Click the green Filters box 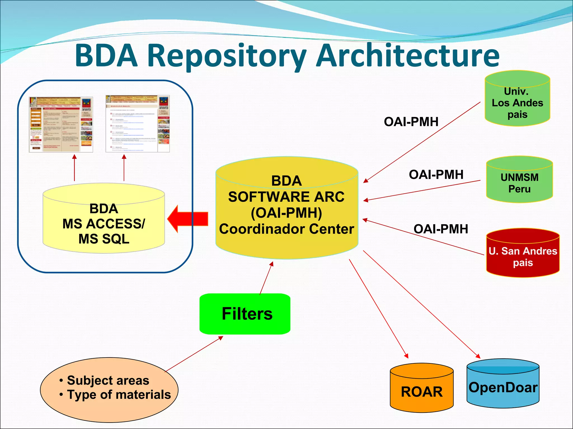click(x=245, y=314)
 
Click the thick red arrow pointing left click(x=187, y=219)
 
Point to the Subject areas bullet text click(x=108, y=380)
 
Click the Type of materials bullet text click(x=119, y=395)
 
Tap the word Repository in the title click(x=229, y=56)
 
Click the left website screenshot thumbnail click(x=61, y=125)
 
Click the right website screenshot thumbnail click(x=137, y=124)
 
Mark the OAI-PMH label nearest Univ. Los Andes click(x=411, y=122)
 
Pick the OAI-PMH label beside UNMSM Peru click(x=436, y=175)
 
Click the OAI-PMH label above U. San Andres click(x=441, y=229)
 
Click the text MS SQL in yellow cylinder click(x=104, y=239)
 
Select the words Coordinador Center click(x=286, y=229)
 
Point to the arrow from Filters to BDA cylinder click(x=266, y=278)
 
